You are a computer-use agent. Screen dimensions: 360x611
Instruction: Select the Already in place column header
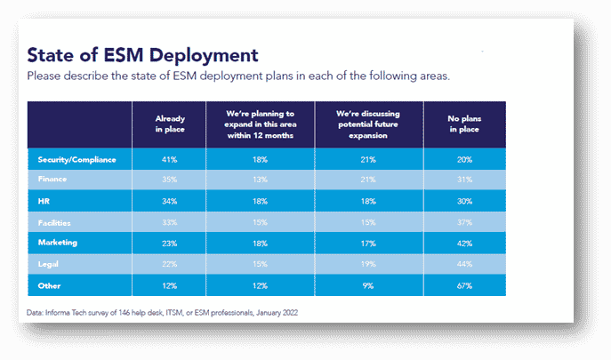tap(169, 124)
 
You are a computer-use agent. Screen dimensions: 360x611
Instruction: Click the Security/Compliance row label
tap(77, 159)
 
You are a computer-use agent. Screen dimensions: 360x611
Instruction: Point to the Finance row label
tap(53, 180)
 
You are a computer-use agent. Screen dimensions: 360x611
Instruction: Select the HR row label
tap(44, 201)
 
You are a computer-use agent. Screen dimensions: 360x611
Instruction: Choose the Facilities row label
tap(57, 222)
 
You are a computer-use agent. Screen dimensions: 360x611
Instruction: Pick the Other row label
tap(50, 285)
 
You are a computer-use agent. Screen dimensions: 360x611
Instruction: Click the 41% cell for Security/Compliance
tap(169, 159)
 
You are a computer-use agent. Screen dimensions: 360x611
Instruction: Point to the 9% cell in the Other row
tap(367, 285)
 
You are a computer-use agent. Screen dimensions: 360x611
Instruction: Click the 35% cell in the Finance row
tap(169, 180)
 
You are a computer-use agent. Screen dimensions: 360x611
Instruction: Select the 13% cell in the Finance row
tap(260, 180)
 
